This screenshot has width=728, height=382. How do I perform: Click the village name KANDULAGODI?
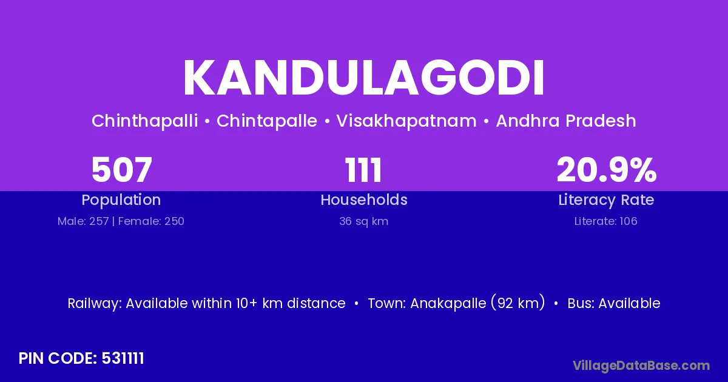(x=364, y=79)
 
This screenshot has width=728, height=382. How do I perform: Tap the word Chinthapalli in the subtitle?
(x=144, y=121)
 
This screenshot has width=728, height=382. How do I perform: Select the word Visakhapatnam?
(x=406, y=121)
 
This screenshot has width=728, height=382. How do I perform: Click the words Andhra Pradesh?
(x=566, y=121)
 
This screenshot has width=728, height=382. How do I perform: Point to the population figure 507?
(x=121, y=170)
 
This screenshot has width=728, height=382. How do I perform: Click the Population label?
(x=121, y=200)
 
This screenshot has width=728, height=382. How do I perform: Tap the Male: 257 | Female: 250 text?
(x=121, y=221)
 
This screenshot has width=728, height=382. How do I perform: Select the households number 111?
(x=364, y=170)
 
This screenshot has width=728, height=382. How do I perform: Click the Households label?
(x=364, y=200)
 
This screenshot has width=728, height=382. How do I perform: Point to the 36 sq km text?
(x=364, y=221)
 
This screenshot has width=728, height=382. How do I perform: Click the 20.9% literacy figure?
(x=606, y=170)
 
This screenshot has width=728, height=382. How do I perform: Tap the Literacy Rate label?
(x=606, y=200)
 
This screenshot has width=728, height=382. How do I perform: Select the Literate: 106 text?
(x=606, y=221)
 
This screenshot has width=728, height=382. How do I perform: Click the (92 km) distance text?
(x=517, y=303)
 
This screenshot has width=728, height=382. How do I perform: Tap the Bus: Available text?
(x=614, y=303)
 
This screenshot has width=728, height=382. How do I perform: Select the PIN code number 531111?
(x=123, y=358)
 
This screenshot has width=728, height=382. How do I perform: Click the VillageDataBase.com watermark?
(x=641, y=365)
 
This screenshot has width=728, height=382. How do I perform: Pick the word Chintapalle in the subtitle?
(x=267, y=121)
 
